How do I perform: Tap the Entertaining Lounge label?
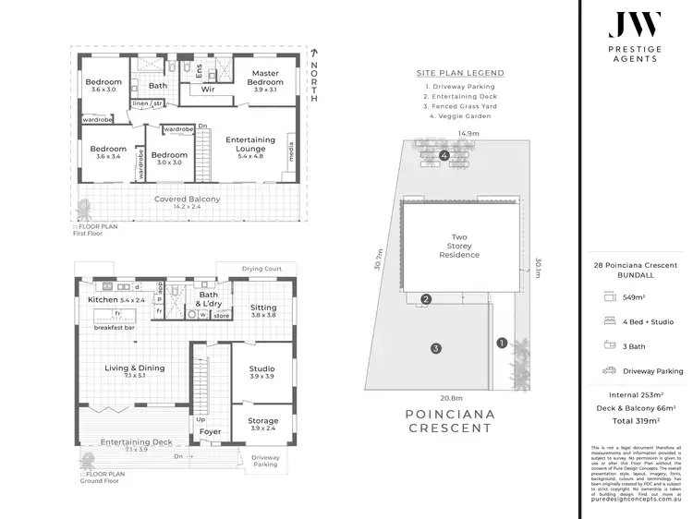click(250, 146)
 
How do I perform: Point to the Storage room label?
click(262, 423)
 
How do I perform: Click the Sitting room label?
click(263, 310)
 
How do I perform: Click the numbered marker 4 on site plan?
click(444, 155)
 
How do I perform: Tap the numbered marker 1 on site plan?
click(502, 343)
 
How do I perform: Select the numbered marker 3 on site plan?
click(435, 348)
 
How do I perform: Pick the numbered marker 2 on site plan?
click(426, 299)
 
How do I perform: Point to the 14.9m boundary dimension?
click(468, 134)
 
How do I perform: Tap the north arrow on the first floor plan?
click(314, 54)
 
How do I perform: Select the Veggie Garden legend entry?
click(459, 117)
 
